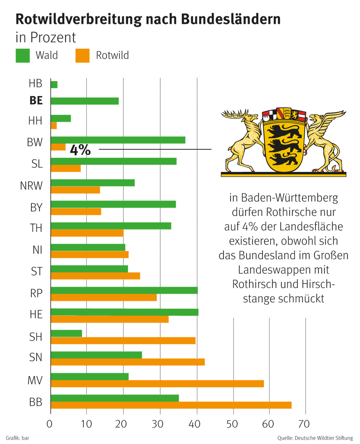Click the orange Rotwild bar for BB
171,405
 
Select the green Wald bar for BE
85,101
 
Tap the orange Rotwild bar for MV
157,384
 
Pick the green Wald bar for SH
67,333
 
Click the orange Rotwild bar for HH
54,126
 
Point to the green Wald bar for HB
54,85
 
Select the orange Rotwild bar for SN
128,362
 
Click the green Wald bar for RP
124,290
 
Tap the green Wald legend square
22,56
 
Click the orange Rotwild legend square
82,56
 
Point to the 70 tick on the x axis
304,424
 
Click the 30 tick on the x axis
159,424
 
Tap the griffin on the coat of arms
326,141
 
